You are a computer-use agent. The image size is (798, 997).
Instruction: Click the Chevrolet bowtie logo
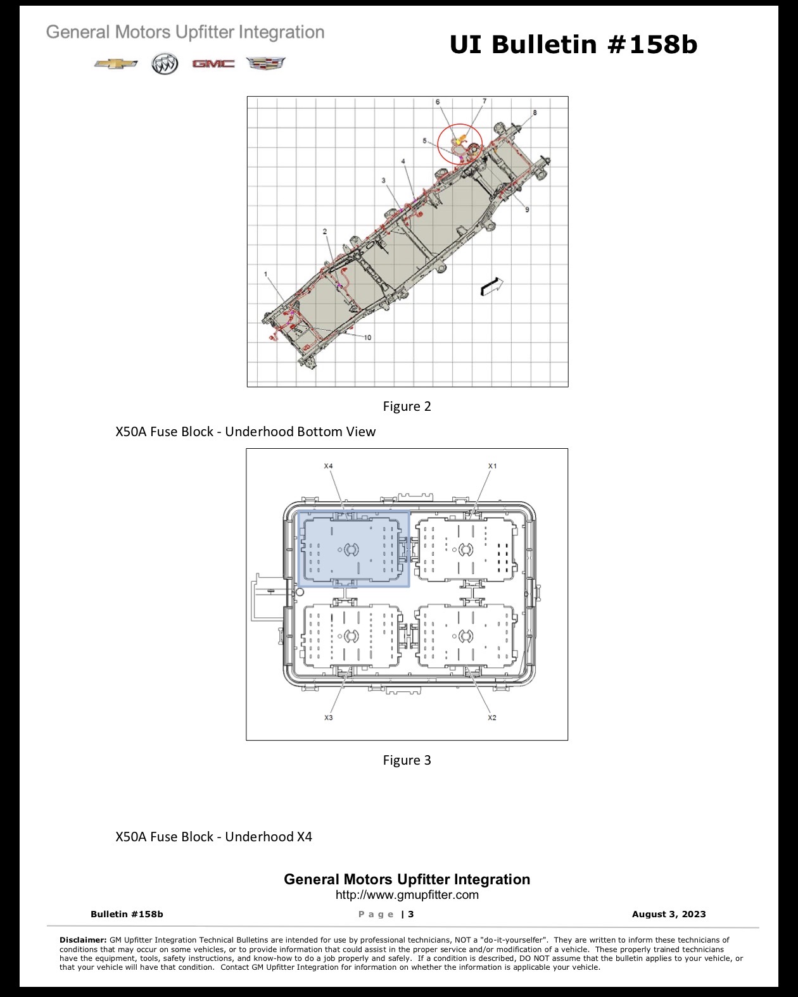coord(116,63)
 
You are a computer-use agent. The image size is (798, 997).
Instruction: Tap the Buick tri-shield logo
coord(165,64)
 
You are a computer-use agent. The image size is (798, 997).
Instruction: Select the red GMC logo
coord(213,63)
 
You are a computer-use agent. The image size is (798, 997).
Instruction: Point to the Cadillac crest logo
coord(266,63)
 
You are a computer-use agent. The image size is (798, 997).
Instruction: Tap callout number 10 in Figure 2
coord(367,337)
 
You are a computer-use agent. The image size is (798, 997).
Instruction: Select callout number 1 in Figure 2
coord(266,274)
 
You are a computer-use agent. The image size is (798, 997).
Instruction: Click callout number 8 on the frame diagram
coord(535,112)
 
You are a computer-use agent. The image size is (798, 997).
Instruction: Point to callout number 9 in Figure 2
coord(527,210)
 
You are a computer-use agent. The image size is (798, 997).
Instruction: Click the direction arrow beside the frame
coord(491,286)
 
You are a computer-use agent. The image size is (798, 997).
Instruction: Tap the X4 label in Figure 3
coord(328,466)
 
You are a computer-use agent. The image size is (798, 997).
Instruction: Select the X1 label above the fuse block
coord(492,466)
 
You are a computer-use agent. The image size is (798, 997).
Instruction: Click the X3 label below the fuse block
coord(328,717)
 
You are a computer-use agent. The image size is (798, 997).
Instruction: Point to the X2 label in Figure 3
coord(492,717)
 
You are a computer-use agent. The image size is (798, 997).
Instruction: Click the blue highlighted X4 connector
coord(354,549)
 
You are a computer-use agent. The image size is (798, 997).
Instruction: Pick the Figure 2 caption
coord(407,406)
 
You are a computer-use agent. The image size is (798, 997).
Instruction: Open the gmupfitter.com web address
coord(407,894)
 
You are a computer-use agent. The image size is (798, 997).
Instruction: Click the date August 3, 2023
coord(669,913)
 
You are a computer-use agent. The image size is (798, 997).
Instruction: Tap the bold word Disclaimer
coord(83,939)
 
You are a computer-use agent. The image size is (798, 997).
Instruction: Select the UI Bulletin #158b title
coord(574,44)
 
